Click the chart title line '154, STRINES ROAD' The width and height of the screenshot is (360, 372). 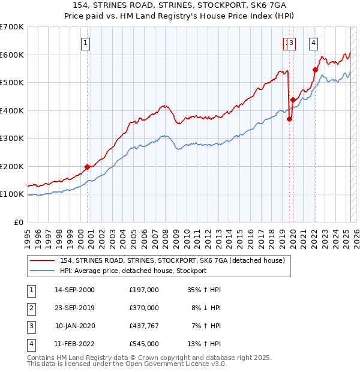tap(179, 5)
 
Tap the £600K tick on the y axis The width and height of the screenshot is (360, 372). tap(12, 55)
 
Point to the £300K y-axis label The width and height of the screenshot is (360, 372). tap(12, 138)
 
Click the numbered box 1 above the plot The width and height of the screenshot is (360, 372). tap(86, 43)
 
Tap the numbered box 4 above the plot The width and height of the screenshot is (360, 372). tap(314, 43)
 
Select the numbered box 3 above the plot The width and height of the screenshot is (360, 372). tap(291, 43)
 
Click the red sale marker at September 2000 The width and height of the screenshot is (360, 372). tap(87, 167)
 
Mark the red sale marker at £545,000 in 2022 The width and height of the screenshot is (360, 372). tap(315, 70)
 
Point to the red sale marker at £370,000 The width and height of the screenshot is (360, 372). tap(289, 119)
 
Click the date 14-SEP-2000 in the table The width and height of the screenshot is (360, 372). tap(74, 290)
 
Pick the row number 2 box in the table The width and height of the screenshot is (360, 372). tap(31, 308)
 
